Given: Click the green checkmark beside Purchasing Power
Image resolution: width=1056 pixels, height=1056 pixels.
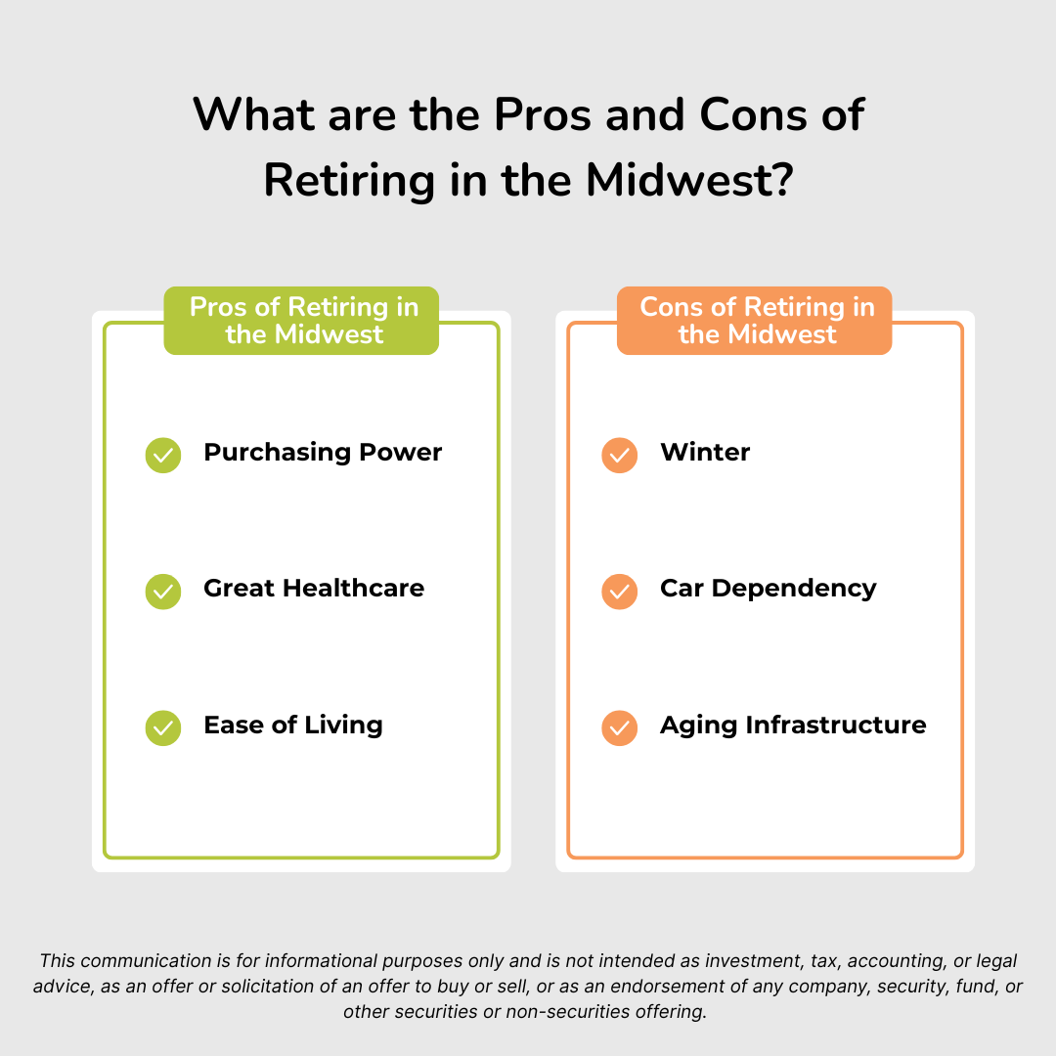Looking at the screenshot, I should [163, 455].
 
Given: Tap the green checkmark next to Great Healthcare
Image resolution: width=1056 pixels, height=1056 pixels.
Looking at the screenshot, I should [163, 591].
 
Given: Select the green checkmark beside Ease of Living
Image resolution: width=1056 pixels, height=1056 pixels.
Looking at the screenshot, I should [163, 727].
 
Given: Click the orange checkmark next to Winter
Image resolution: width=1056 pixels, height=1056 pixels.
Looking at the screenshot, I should [620, 455].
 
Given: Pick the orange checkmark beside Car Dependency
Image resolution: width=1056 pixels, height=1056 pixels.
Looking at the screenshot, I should [620, 591].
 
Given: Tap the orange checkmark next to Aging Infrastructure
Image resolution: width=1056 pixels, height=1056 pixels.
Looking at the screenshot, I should [620, 727].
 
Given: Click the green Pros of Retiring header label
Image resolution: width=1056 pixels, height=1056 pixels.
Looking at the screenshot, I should [301, 321].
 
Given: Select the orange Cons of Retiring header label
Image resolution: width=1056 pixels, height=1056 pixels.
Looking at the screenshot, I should [756, 321].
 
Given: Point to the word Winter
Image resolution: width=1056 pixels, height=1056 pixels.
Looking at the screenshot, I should [705, 453].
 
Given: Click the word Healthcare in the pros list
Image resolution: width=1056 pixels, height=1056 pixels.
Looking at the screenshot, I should [355, 589].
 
